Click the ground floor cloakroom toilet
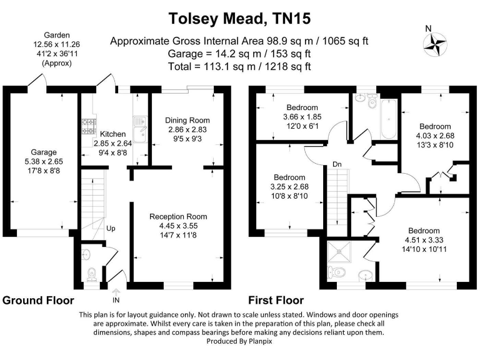91,274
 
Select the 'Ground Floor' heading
39,301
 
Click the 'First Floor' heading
276,301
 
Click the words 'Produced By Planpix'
239,341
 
